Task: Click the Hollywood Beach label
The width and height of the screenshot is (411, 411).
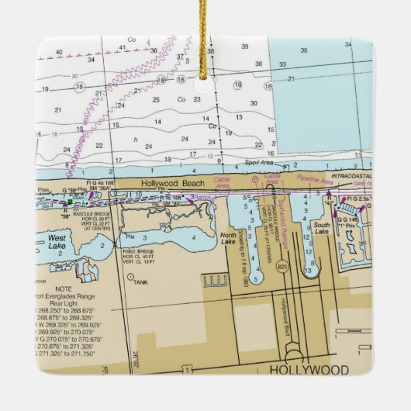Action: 173,183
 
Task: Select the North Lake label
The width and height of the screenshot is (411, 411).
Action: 228,239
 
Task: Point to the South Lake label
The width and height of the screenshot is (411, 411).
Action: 321,231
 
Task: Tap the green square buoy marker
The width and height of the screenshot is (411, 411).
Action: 70,202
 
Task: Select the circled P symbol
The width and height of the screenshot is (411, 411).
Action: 255,180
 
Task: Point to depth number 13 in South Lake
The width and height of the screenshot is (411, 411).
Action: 310,272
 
